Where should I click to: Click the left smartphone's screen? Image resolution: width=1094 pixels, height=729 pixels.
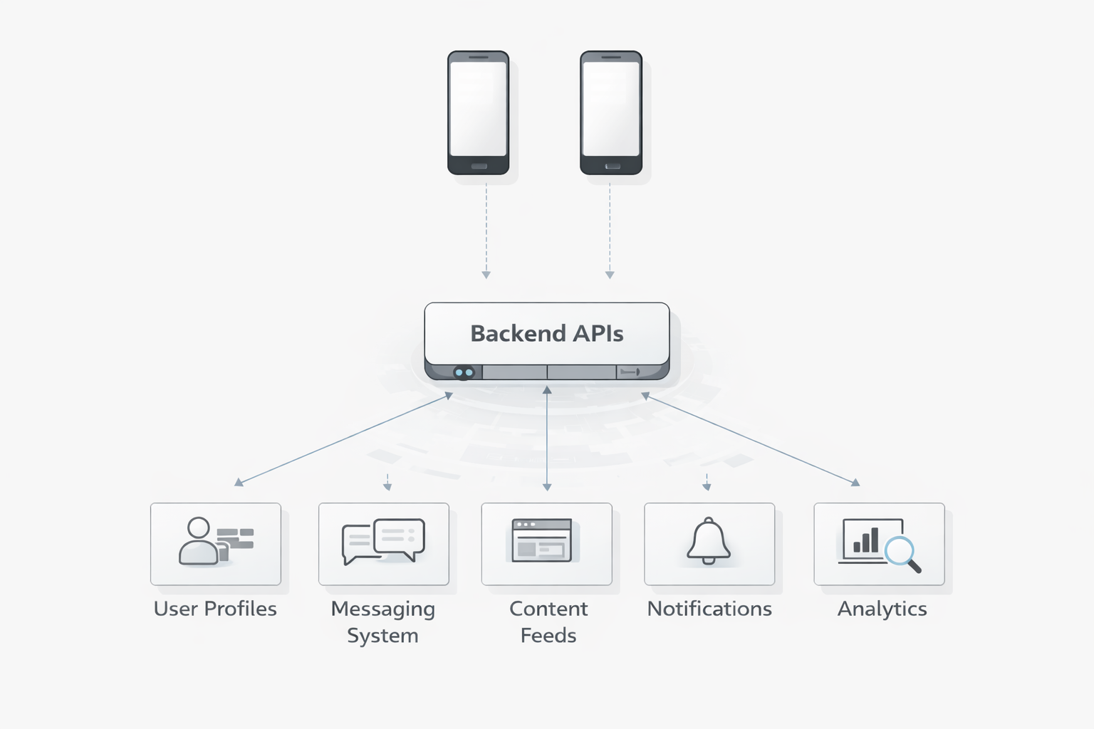(x=478, y=108)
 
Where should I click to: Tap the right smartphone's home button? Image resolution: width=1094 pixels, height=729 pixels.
(x=612, y=167)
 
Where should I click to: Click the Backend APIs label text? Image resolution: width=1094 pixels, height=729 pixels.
(x=546, y=333)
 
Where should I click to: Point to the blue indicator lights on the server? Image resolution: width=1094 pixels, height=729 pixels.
(x=464, y=372)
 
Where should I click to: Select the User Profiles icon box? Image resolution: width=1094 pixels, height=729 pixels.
(x=215, y=544)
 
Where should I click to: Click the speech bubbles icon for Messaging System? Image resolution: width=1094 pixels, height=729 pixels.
(x=383, y=541)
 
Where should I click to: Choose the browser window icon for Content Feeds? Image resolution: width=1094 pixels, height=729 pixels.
(x=542, y=540)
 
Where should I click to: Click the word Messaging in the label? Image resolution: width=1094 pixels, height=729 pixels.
(x=382, y=609)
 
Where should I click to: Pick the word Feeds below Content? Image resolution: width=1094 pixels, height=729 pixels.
(x=548, y=635)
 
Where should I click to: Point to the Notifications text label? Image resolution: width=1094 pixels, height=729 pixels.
(x=709, y=609)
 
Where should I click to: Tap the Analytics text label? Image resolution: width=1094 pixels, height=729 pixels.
(x=882, y=609)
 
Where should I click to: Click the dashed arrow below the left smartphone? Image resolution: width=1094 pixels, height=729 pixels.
(x=486, y=228)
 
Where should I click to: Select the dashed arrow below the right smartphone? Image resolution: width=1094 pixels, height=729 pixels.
(x=609, y=228)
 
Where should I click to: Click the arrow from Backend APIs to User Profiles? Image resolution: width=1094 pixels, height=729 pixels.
(x=343, y=439)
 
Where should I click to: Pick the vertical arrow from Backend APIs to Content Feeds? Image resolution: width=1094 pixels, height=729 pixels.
(x=547, y=438)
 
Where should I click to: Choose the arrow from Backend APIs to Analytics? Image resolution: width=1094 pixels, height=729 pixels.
(x=751, y=439)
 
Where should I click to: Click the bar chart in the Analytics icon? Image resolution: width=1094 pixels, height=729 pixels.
(x=865, y=541)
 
